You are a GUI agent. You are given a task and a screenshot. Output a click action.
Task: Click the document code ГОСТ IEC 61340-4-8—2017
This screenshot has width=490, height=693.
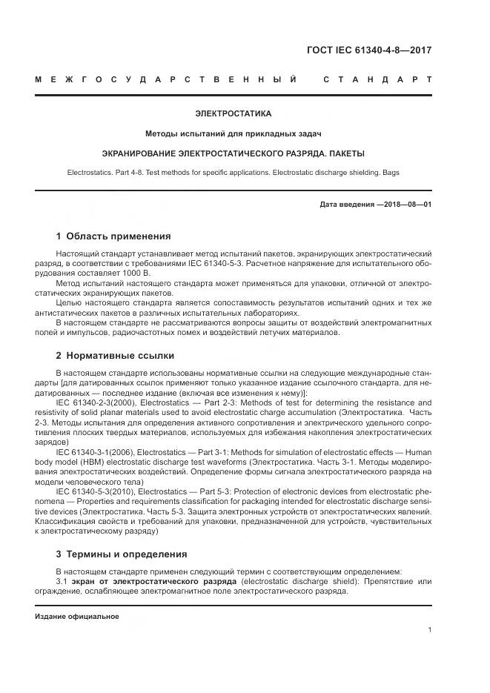tap(368, 50)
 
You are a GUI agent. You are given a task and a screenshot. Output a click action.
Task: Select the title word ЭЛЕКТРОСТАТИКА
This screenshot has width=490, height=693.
tap(233, 114)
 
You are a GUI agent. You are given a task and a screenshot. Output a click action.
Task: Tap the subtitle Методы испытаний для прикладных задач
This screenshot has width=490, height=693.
tap(233, 133)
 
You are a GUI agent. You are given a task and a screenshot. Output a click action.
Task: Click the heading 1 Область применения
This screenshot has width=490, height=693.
tap(113, 236)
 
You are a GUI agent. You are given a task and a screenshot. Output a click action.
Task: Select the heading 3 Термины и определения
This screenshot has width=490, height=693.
tap(122, 554)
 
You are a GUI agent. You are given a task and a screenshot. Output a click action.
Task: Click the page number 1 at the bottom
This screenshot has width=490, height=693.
tap(430, 630)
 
